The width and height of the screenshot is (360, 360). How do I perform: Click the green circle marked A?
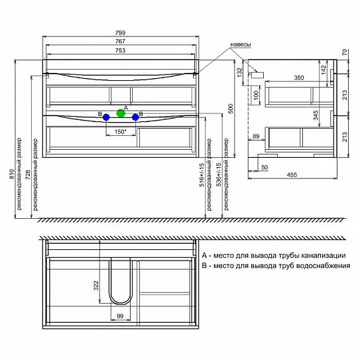(x=121, y=113)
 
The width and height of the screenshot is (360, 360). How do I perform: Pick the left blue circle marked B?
(x=106, y=117)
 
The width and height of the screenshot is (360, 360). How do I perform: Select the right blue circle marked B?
(x=135, y=117)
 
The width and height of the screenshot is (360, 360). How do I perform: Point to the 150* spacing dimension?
(x=121, y=132)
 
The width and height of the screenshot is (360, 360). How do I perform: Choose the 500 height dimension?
(x=230, y=109)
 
